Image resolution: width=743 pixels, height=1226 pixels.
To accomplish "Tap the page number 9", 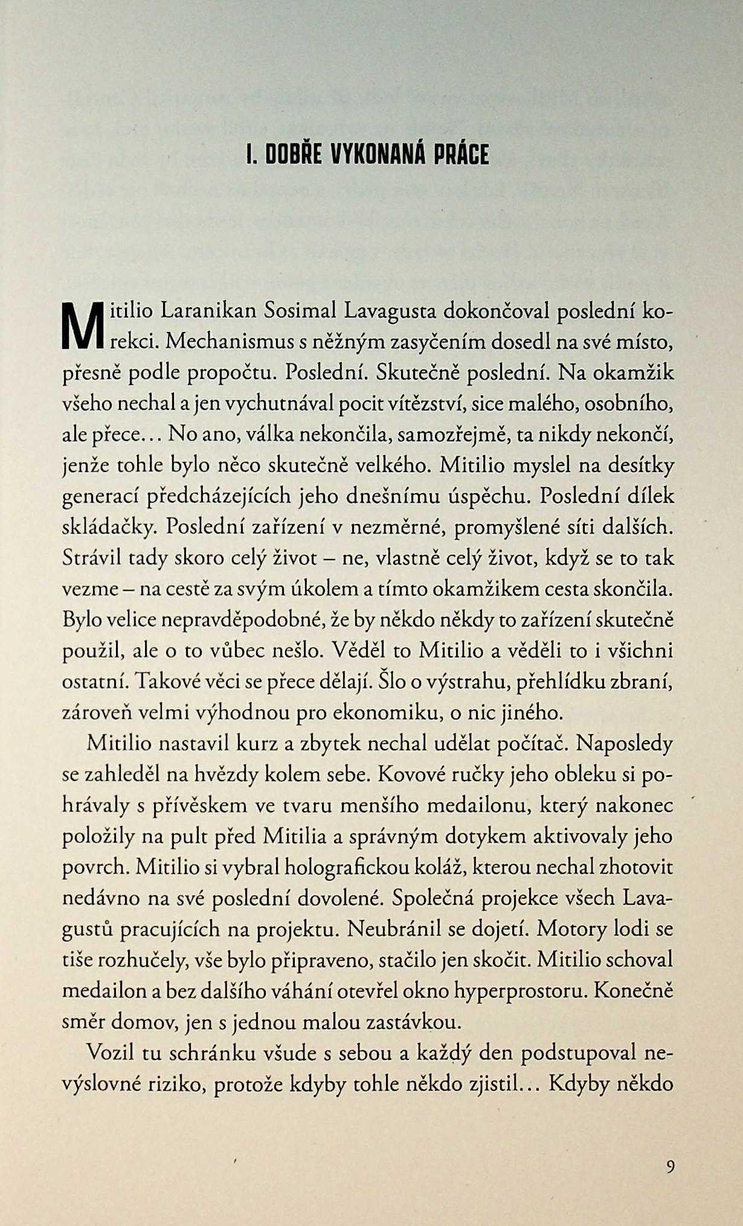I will (x=670, y=1166).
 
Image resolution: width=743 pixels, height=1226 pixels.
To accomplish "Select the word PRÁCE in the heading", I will (x=462, y=155).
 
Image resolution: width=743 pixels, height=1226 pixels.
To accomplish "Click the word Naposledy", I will (x=624, y=743).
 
